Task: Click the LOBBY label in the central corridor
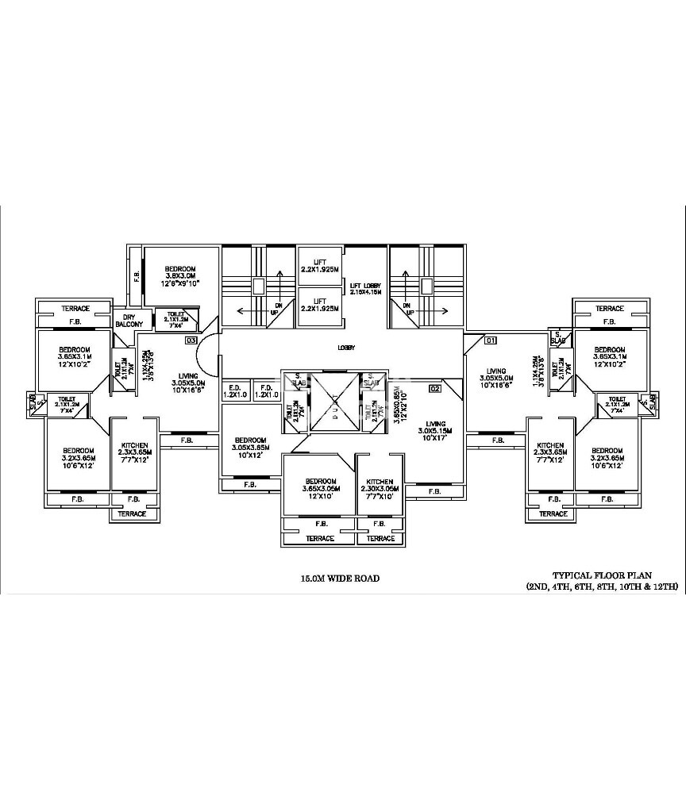[x=345, y=348]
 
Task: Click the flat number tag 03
[x=191, y=340]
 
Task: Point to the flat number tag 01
[x=490, y=341]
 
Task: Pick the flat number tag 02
[x=434, y=389]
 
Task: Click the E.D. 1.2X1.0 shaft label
[x=236, y=391]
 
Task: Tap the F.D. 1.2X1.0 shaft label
[x=266, y=391]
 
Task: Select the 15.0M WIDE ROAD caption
[x=335, y=579]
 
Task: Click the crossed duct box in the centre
[x=334, y=401]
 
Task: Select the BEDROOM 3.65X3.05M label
[x=321, y=486]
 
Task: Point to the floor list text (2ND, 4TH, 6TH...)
[x=601, y=587]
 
